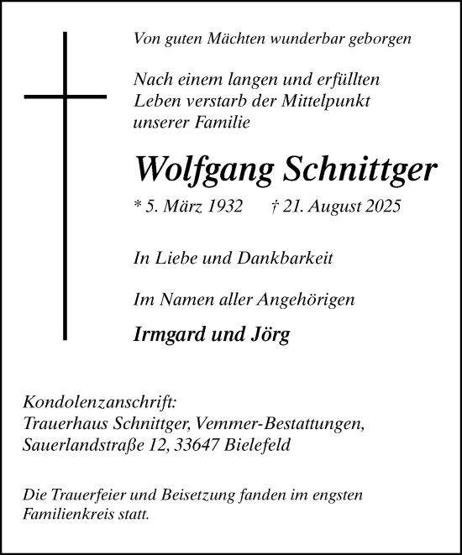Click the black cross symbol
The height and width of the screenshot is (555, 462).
click(65, 185)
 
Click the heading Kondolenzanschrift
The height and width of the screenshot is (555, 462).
click(100, 404)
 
